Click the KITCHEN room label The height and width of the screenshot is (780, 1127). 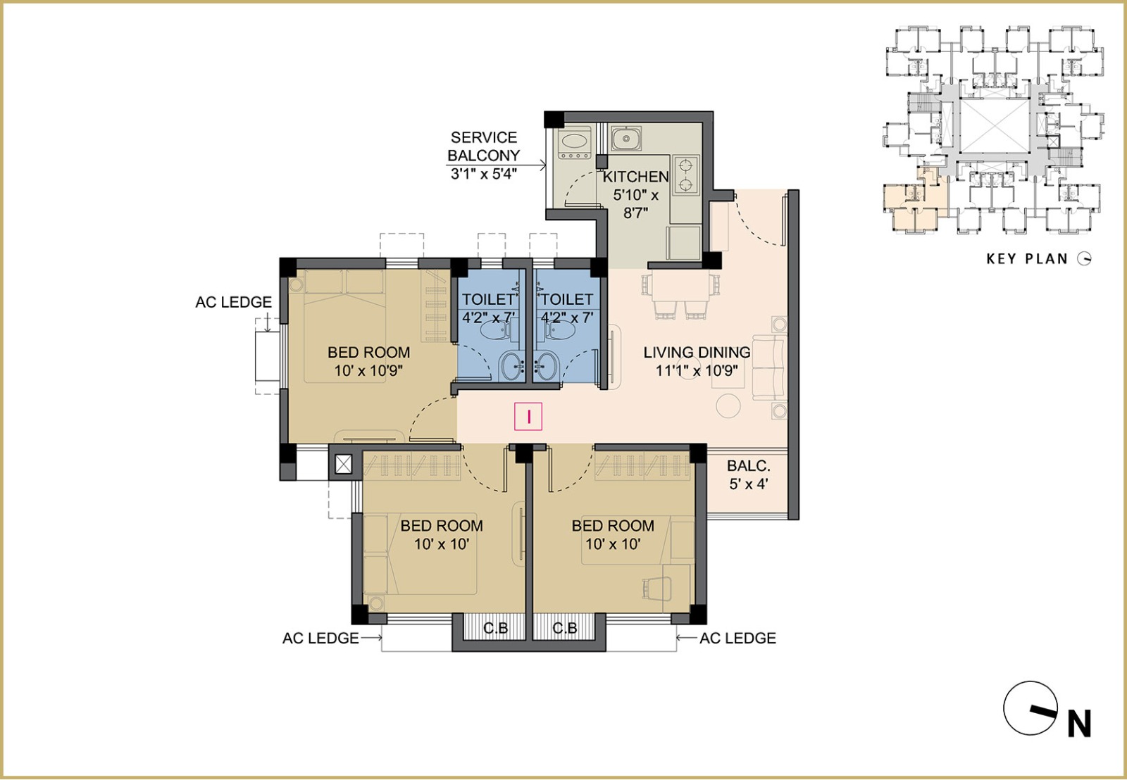(x=635, y=177)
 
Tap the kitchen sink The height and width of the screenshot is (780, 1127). (x=626, y=138)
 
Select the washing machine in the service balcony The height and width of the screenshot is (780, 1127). (x=574, y=144)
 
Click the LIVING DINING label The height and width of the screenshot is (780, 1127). (x=697, y=352)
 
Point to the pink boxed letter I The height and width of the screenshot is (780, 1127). (x=528, y=417)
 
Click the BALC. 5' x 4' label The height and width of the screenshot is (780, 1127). (x=749, y=474)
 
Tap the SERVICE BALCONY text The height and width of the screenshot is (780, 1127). (x=483, y=146)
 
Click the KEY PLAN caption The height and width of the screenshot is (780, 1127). (x=1027, y=259)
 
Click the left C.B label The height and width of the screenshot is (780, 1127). (x=496, y=628)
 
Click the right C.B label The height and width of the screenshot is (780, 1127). (x=564, y=628)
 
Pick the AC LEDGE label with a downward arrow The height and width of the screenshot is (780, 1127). (x=233, y=302)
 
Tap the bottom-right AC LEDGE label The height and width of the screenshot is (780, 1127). (x=737, y=639)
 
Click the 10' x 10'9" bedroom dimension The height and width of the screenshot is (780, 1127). (x=369, y=371)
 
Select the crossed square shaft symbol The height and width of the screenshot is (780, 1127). (x=344, y=464)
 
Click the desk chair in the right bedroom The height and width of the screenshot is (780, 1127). (x=657, y=587)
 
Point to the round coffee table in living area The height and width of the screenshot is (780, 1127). (x=728, y=405)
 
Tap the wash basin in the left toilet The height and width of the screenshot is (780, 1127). (x=513, y=366)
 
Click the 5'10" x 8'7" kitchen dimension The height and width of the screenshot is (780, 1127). (x=635, y=203)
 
